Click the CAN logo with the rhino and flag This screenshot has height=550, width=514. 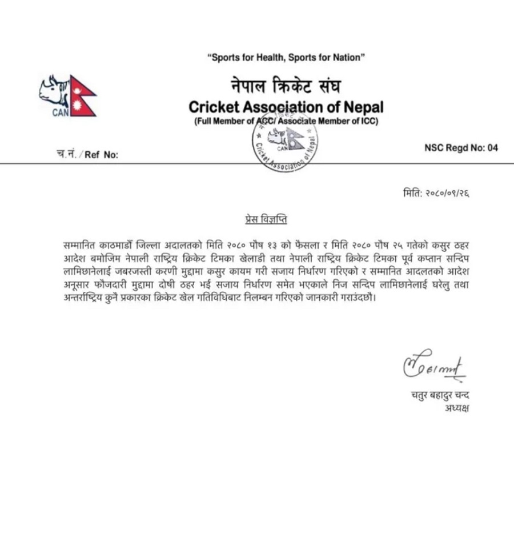coord(67,96)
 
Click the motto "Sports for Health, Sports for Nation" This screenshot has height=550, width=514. coord(286,58)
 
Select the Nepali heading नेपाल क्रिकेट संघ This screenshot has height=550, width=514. coord(286,87)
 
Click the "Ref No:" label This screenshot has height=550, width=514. coord(101,155)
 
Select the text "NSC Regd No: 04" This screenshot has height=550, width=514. coord(461,148)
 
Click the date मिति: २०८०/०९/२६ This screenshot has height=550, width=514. coord(436,194)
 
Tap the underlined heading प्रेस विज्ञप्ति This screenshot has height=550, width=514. coord(262,220)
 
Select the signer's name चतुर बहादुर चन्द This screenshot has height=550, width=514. coord(440,395)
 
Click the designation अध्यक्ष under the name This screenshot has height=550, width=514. coord(455,408)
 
